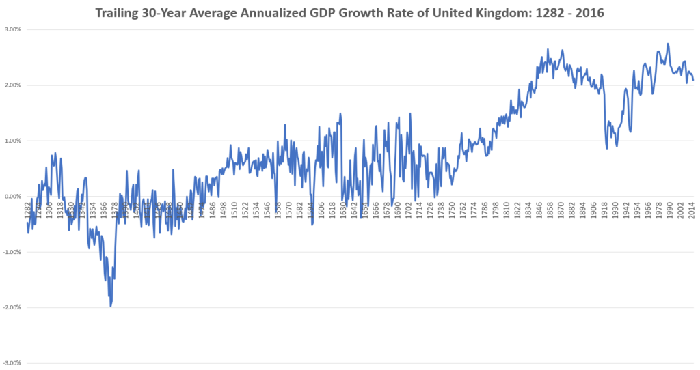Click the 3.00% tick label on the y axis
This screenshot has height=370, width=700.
(x=12, y=30)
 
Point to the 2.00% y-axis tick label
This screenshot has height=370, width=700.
(x=12, y=85)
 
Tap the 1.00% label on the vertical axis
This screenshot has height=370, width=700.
(x=12, y=141)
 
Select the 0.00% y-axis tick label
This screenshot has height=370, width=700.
(x=12, y=197)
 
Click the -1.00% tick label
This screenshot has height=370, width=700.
(x=12, y=252)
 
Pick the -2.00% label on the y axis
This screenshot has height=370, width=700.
(x=12, y=307)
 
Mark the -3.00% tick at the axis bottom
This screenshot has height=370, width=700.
(x=12, y=362)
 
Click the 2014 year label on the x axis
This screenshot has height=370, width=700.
(x=692, y=208)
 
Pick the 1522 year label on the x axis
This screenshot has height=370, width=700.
(x=245, y=208)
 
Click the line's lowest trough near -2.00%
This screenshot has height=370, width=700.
(x=111, y=306)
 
